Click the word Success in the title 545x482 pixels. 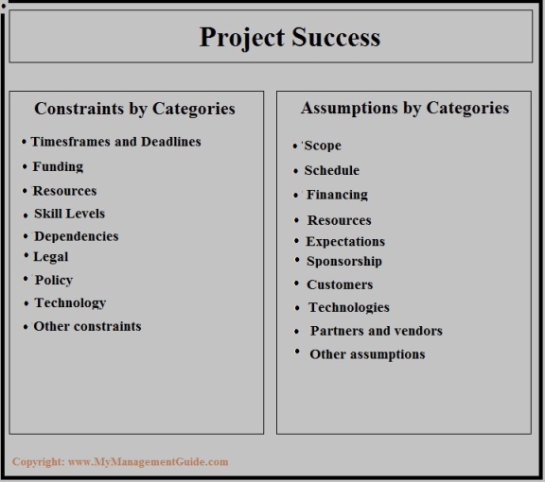[336, 37]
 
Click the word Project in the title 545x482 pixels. [242, 38]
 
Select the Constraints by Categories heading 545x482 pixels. [135, 109]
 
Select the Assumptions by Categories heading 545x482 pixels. [405, 108]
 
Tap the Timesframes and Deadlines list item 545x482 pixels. [115, 142]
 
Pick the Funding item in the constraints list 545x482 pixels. [58, 166]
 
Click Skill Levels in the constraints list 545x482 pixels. [69, 214]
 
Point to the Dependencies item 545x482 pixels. [77, 236]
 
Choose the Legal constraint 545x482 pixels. [51, 257]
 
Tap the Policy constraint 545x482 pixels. [54, 280]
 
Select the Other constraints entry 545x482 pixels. [87, 326]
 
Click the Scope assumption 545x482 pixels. [323, 146]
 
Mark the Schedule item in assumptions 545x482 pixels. [332, 170]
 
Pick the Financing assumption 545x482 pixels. [337, 195]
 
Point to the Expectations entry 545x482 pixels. [345, 242]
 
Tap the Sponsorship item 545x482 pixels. [344, 262]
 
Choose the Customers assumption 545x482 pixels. [340, 284]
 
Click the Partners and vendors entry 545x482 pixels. [377, 331]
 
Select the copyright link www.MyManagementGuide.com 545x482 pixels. [149, 462]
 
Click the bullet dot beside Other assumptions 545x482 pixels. [297, 351]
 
